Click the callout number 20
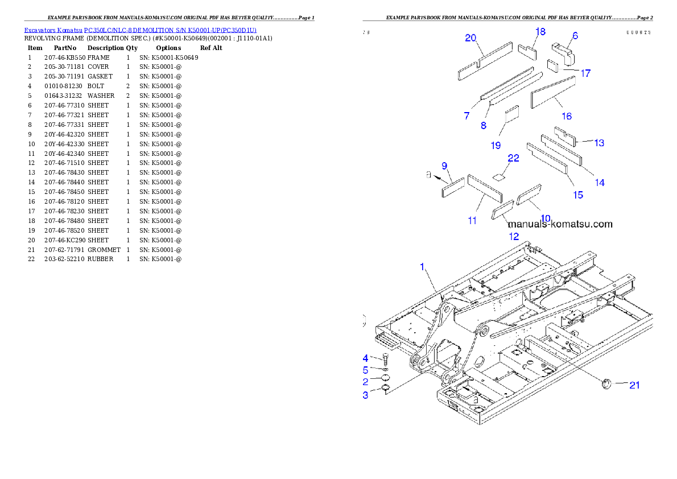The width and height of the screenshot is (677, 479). pyautogui.click(x=470, y=38)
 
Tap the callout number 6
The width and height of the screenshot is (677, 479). pyautogui.click(x=575, y=36)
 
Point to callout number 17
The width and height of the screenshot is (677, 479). pyautogui.click(x=585, y=73)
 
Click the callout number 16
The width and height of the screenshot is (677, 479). pyautogui.click(x=567, y=116)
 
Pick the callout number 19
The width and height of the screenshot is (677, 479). pyautogui.click(x=496, y=145)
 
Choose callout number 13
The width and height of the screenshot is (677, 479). pyautogui.click(x=599, y=143)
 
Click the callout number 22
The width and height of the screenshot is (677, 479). pyautogui.click(x=513, y=159)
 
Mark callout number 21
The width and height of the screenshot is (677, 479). pyautogui.click(x=634, y=385)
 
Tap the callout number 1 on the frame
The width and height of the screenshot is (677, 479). pyautogui.click(x=422, y=266)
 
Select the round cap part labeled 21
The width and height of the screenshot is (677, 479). pyautogui.click(x=606, y=385)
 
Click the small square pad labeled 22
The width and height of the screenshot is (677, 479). pyautogui.click(x=499, y=176)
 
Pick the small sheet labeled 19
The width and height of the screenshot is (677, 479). pyautogui.click(x=512, y=113)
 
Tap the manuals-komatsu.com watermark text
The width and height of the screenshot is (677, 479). pyautogui.click(x=560, y=224)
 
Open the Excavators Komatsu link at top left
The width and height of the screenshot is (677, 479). pyautogui.click(x=140, y=30)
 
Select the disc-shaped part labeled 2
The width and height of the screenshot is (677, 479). pyautogui.click(x=385, y=379)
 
